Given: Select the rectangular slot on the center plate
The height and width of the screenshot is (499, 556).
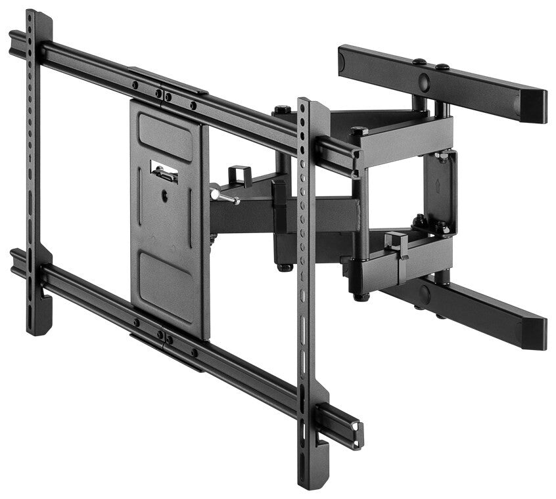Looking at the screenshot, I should (164, 172).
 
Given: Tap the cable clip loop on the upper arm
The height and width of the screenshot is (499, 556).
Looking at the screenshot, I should (240, 176).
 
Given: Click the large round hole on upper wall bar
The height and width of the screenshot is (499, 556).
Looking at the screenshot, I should (424, 83).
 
